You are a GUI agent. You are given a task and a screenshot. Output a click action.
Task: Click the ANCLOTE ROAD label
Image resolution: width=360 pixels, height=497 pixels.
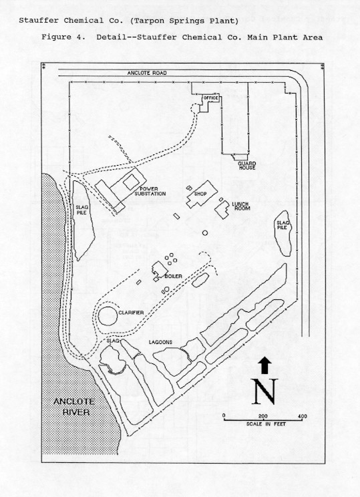147,73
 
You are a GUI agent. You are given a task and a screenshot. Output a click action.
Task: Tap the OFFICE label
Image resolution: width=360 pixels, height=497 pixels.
211,98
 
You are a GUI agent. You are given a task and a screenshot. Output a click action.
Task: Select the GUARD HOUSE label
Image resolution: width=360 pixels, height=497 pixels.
247,166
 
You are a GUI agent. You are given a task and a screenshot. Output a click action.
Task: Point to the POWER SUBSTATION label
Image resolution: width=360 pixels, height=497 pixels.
150,191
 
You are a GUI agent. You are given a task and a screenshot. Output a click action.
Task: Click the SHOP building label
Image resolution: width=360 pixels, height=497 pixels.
200,194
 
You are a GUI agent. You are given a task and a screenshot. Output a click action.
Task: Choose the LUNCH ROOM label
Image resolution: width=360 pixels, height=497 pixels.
240,206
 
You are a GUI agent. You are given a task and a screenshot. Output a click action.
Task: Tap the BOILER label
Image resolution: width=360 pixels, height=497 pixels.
174,276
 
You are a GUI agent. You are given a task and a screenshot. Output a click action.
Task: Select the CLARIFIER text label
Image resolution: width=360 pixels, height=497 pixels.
131,313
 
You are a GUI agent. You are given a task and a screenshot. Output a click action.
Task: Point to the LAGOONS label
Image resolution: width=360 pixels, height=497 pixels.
161,342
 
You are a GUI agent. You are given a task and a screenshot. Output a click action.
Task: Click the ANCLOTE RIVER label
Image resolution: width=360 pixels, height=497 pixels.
74,407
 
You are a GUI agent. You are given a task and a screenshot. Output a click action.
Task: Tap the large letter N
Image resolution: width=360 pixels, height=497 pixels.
265,391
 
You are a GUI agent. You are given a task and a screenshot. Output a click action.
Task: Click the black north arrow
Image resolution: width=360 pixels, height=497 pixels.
265,365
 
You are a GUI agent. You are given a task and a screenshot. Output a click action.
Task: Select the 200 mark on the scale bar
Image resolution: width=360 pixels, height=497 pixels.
263,416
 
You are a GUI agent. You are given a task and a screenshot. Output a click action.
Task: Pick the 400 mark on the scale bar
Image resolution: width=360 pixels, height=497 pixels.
303,416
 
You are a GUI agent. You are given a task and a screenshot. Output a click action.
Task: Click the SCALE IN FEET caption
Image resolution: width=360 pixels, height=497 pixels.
266,424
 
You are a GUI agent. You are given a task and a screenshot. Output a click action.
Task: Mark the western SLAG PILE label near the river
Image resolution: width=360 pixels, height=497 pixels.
81,210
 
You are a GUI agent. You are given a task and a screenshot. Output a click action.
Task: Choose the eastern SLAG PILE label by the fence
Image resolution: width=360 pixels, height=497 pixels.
282,225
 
